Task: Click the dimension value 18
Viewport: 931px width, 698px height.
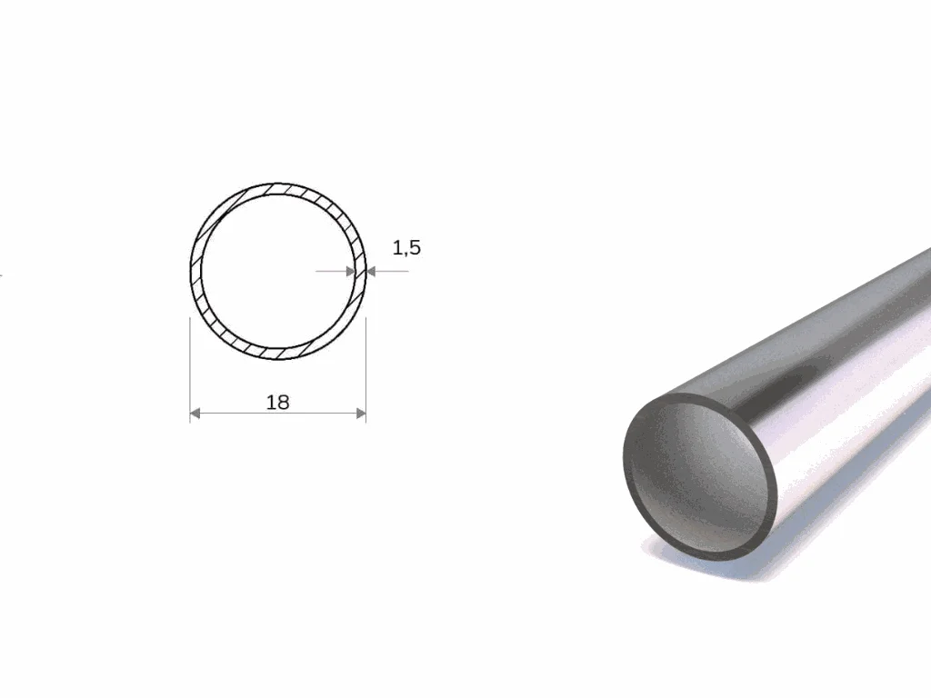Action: pyautogui.click(x=278, y=403)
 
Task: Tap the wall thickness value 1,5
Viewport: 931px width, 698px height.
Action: pyautogui.click(x=406, y=247)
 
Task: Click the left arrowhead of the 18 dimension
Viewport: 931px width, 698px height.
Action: pyautogui.click(x=195, y=414)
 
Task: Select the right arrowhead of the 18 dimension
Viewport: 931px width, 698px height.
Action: pyautogui.click(x=361, y=414)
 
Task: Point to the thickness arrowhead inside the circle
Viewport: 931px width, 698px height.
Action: pyautogui.click(x=350, y=271)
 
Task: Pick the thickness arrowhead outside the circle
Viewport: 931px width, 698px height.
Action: pyautogui.click(x=372, y=271)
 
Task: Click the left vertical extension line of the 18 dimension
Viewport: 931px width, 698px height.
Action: pyautogui.click(x=190, y=370)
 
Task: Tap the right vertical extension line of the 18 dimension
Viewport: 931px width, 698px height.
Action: pyautogui.click(x=365, y=370)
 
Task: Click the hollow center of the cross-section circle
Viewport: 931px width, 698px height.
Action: pyautogui.click(x=278, y=271)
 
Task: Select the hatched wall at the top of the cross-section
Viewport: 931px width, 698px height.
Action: pyautogui.click(x=278, y=189)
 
